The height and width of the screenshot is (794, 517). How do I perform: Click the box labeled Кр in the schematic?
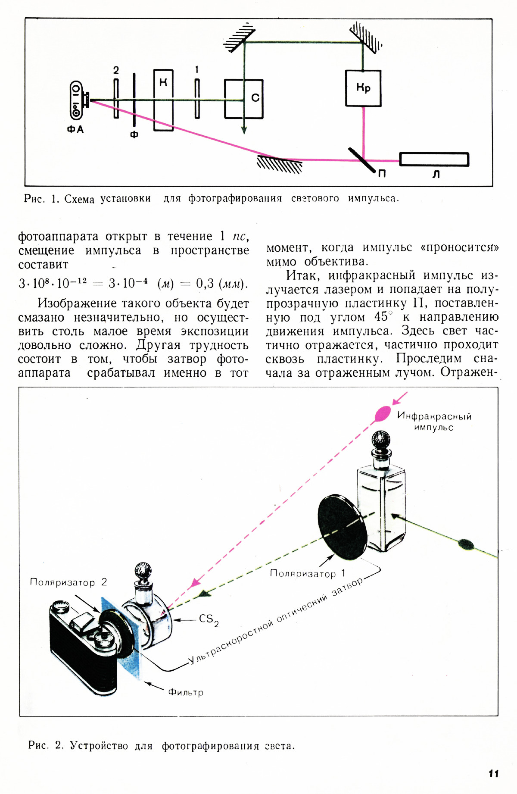click(x=363, y=88)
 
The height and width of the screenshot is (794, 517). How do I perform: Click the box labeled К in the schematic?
click(x=164, y=100)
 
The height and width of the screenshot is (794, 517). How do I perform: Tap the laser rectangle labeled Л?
click(x=434, y=159)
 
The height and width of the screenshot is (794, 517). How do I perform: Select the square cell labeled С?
click(x=244, y=99)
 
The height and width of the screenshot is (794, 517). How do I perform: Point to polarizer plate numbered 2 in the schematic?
click(x=116, y=98)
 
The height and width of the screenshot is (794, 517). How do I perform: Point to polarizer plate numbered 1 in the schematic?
click(x=197, y=98)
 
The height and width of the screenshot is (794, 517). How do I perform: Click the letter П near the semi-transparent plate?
click(x=382, y=173)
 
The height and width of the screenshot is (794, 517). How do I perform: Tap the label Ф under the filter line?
click(x=134, y=134)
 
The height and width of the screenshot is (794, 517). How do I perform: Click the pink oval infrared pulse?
click(x=383, y=413)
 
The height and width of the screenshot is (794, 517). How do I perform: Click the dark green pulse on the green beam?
click(x=466, y=544)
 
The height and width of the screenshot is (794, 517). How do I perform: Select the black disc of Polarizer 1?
click(x=343, y=527)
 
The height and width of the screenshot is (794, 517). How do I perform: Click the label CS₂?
click(x=209, y=620)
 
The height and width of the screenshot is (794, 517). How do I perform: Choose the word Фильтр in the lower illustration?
click(x=186, y=692)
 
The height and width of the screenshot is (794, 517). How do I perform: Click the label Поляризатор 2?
click(x=69, y=582)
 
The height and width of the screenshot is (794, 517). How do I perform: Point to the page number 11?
click(x=494, y=773)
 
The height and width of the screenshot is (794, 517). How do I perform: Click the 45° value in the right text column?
click(x=383, y=316)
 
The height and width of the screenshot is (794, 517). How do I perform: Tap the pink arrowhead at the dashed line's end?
click(x=196, y=582)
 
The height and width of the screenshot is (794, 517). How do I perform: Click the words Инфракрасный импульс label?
click(x=434, y=422)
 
